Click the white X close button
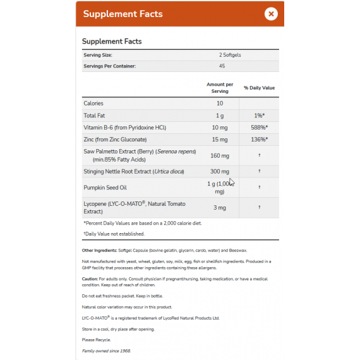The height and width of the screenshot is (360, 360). [x=270, y=13]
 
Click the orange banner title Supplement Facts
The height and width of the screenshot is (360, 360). [x=123, y=14]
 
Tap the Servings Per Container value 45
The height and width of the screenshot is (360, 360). [x=222, y=66]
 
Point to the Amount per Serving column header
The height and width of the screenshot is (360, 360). [x=220, y=88]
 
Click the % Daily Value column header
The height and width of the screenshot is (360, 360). [x=260, y=88]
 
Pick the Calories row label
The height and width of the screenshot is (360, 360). [x=93, y=103]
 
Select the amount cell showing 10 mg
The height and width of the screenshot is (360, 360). [x=220, y=128]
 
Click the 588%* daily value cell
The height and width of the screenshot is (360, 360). [x=259, y=128]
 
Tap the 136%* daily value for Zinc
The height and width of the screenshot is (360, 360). [x=259, y=140]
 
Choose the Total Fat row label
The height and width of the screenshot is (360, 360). [x=94, y=116]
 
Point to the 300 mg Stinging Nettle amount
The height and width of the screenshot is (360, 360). [x=220, y=172]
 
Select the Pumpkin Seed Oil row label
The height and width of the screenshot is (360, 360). [x=105, y=188]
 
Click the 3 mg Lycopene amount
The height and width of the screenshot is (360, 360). [x=220, y=207]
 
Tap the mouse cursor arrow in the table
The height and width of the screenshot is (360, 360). [x=231, y=182]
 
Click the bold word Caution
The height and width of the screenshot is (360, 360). [x=90, y=279]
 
